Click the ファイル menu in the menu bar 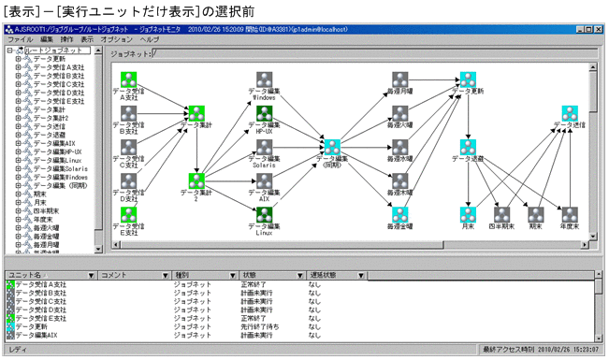point(18,41)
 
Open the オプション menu point(116,41)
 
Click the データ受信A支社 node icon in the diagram point(130,79)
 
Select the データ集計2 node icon point(196,180)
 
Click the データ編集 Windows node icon point(264,81)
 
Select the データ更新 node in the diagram point(467,80)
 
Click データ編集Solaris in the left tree point(60,167)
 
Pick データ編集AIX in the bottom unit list point(42,334)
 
